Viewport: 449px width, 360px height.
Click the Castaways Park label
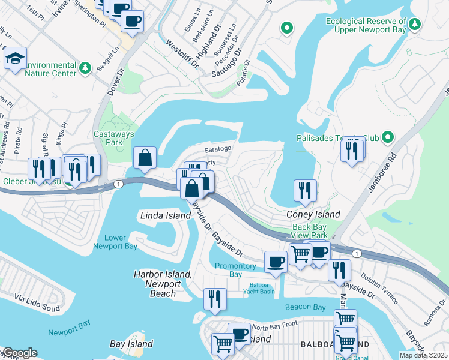click(x=109, y=138)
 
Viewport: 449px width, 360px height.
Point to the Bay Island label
click(x=131, y=344)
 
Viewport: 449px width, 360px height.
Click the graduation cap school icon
click(x=15, y=59)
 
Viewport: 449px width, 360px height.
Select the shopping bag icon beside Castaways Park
click(x=145, y=158)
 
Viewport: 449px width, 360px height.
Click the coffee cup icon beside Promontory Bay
click(x=276, y=261)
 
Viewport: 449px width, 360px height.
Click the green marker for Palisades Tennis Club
click(x=388, y=138)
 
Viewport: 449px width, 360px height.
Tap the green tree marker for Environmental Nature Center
click(x=86, y=67)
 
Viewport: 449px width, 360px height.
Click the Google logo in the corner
click(x=19, y=353)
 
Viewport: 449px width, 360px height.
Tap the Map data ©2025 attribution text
click(x=423, y=355)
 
